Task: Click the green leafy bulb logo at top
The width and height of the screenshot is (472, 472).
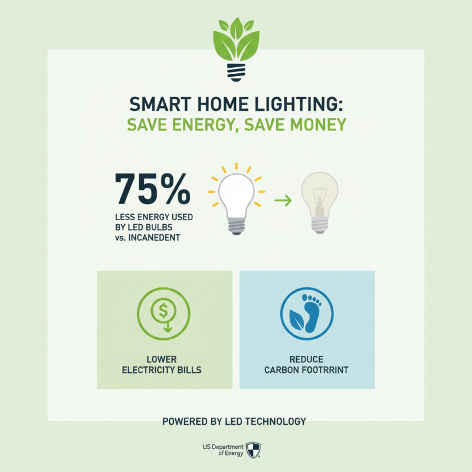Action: coord(236,47)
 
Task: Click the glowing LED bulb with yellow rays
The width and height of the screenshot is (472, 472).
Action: coord(236,198)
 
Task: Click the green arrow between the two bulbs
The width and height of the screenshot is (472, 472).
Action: coord(283,201)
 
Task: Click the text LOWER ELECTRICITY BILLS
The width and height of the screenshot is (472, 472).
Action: coord(165,365)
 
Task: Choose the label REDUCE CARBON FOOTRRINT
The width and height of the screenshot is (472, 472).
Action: coord(307,365)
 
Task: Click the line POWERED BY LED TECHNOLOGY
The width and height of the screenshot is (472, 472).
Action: coord(234,421)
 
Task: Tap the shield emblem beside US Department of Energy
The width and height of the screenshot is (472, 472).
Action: coord(253,450)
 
